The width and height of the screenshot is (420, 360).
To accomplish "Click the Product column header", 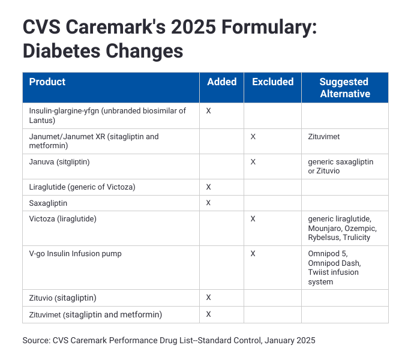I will pos(47,82).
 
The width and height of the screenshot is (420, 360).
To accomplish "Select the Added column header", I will pos(221,82).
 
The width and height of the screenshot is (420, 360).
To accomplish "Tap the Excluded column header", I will pos(272,82).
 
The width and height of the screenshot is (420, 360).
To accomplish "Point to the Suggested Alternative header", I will pos(344,88).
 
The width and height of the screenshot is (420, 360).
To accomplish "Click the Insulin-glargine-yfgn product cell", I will pos(107,115).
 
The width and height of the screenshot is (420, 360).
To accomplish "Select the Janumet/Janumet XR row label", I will pos(94,140).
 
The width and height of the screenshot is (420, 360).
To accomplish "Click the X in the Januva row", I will pos(253,162).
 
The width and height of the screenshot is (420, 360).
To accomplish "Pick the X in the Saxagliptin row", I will pos(208,203).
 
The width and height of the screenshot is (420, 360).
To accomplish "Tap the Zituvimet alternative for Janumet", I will pos(324,137).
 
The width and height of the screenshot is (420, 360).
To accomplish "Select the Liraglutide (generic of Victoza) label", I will pos(82,187).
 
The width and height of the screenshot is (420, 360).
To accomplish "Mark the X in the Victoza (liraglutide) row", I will pos(253,219).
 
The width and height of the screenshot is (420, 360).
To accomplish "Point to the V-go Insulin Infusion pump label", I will pos(75,254).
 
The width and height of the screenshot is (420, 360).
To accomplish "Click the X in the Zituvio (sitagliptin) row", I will pos(208,298).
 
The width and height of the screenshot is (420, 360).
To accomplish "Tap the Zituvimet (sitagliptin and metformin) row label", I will pos(95,314).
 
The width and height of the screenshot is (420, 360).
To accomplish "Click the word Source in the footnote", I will pos(35,341).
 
